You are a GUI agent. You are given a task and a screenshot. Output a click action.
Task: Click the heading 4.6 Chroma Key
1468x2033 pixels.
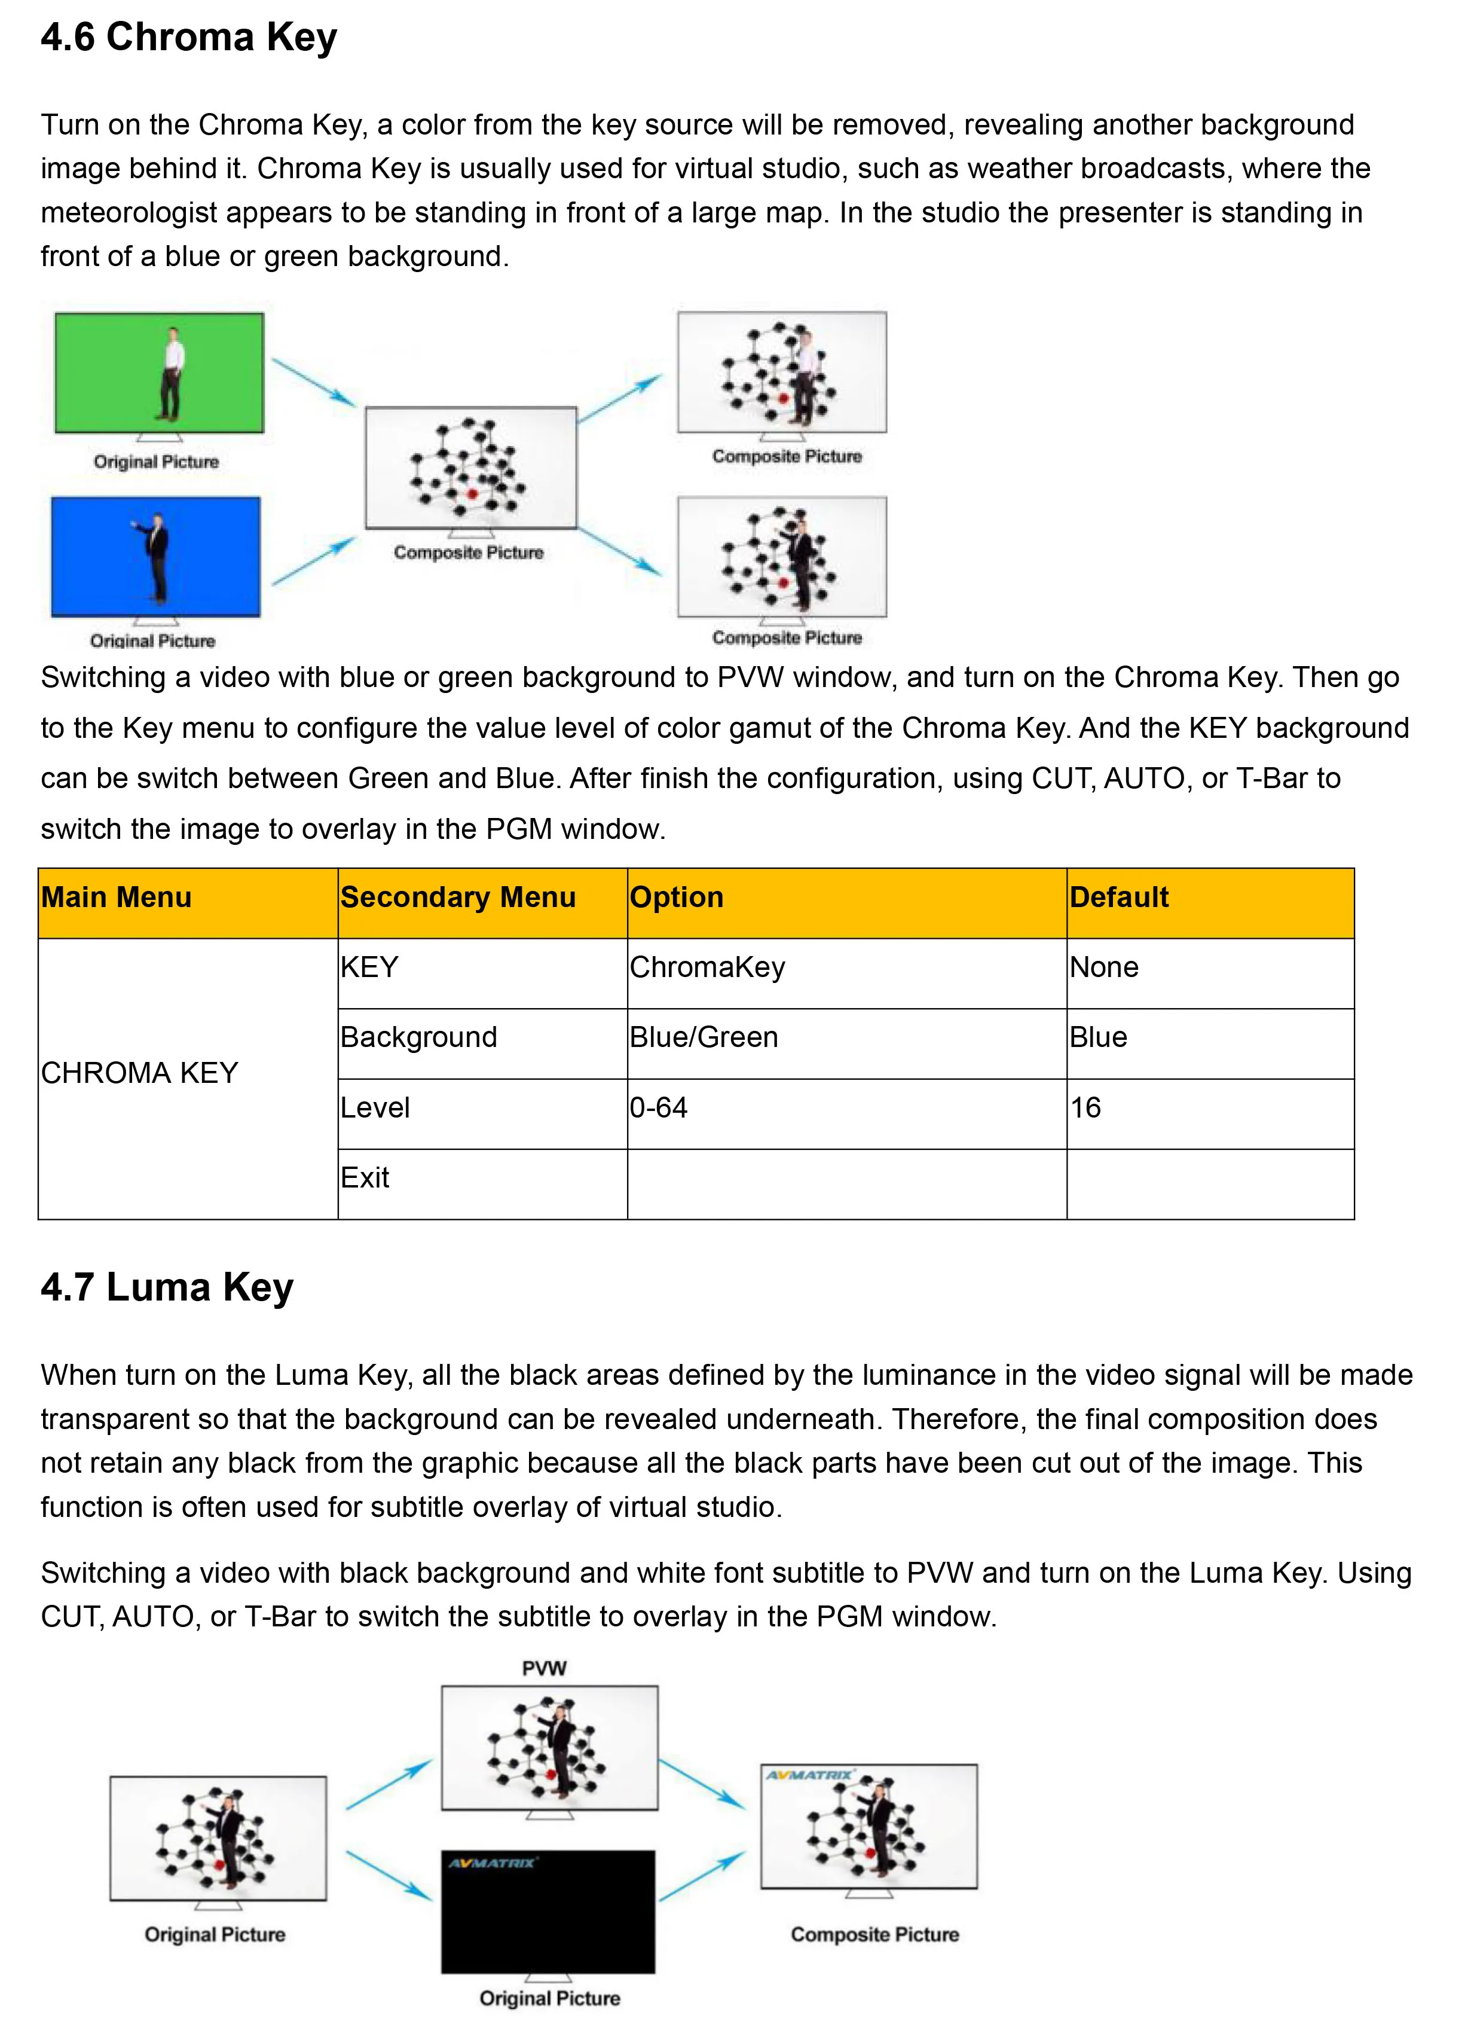[x=188, y=38]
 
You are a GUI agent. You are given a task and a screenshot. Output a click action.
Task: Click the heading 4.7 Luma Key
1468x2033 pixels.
[x=167, y=1287]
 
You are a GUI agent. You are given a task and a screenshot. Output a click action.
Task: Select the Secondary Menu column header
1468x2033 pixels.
[x=457, y=898]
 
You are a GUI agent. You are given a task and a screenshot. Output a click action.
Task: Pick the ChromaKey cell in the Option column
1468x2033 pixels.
[x=707, y=967]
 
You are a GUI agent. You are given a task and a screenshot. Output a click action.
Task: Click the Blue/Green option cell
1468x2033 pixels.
[x=704, y=1037]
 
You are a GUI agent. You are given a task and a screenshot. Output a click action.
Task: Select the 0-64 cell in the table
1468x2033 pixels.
[x=659, y=1108]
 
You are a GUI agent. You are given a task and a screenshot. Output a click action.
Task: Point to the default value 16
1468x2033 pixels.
[x=1085, y=1108]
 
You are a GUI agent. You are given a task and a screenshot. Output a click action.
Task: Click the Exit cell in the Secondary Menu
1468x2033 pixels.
[x=365, y=1178]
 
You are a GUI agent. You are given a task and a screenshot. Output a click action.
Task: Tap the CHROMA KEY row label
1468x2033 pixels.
[x=140, y=1073]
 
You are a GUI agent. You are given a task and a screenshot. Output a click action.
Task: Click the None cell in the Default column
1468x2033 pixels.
[x=1104, y=967]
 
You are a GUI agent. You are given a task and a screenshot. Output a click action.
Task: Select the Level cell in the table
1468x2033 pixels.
[x=375, y=1108]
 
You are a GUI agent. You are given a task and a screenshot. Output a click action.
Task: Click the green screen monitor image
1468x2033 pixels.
[x=160, y=374]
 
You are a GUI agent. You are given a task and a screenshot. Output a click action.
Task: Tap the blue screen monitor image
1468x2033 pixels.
[x=156, y=557]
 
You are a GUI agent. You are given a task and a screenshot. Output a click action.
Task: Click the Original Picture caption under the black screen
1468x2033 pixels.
[x=549, y=1998]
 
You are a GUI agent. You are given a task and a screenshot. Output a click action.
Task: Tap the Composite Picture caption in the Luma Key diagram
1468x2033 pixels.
[x=874, y=1934]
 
